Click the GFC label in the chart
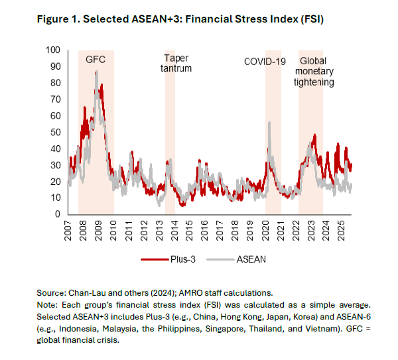[x=96, y=60]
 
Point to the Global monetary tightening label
[x=314, y=72]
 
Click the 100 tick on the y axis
[x=53, y=50]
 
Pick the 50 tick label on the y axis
[x=55, y=132]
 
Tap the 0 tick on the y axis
[x=58, y=214]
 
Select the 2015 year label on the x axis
[x=189, y=229]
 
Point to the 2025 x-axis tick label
[x=340, y=229]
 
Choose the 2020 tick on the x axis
[x=265, y=229]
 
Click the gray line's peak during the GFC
[x=97, y=71]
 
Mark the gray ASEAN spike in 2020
[x=269, y=122]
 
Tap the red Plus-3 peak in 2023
[x=314, y=135]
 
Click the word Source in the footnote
[x=50, y=292]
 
